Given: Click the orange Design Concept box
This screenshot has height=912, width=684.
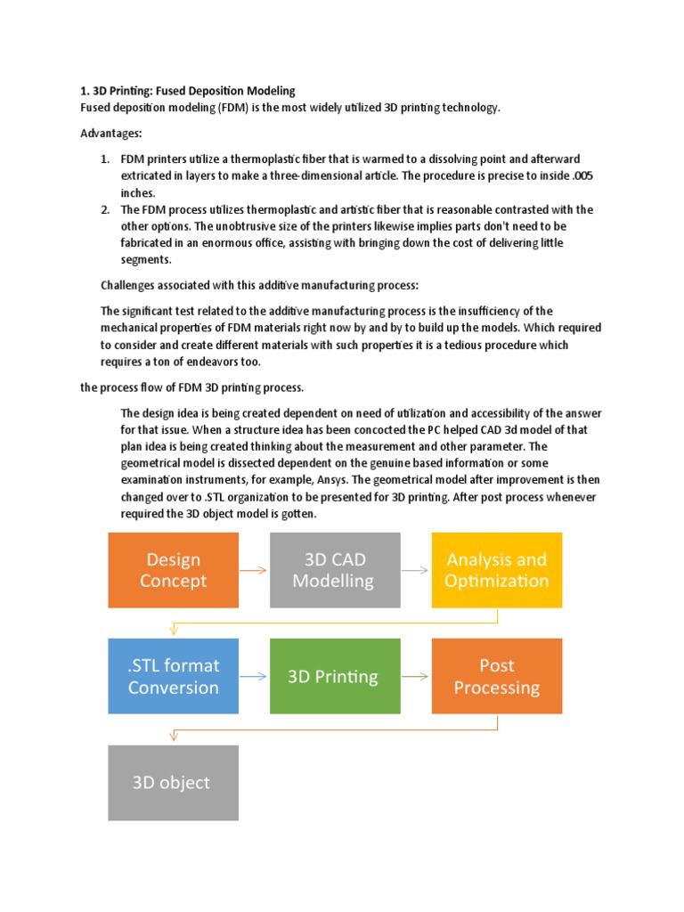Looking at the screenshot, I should tap(173, 571).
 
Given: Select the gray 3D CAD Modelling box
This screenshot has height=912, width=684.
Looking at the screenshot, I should tap(335, 571).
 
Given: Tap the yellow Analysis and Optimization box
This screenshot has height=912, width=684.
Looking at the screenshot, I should tap(497, 571).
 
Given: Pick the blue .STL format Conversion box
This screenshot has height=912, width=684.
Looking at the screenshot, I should tap(173, 677).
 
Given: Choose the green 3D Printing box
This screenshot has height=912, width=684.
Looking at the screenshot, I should tap(335, 677).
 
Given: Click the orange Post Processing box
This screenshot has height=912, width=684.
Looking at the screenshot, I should tap(497, 677).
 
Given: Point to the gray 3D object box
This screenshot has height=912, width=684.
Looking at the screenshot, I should tap(173, 783).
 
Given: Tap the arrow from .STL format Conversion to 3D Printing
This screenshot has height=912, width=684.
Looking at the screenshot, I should tap(254, 677).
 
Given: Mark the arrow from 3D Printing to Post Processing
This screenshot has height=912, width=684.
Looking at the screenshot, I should tap(416, 677).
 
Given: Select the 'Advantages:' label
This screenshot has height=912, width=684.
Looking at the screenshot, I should tap(111, 133).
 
